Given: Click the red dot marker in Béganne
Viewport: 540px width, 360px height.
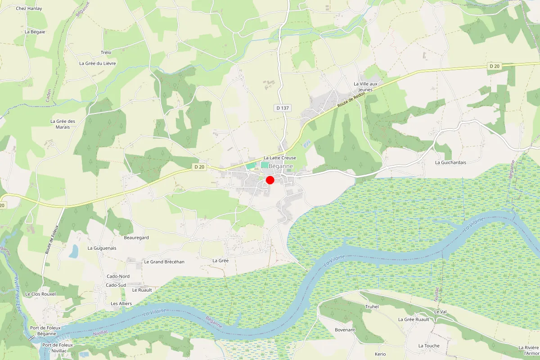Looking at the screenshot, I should coord(270,180).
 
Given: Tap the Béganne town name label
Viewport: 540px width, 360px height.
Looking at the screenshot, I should coord(280,166).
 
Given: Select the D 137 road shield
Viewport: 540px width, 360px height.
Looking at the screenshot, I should coord(282,108).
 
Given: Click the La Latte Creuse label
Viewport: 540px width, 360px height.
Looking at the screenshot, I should coord(280,158).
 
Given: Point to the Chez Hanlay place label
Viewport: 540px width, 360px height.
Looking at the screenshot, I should coord(29,9).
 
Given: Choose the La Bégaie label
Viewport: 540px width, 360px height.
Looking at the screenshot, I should coord(35,32).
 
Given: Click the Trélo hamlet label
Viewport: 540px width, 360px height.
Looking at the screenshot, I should coord(106,53).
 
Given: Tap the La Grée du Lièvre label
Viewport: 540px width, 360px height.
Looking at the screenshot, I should coord(98,63).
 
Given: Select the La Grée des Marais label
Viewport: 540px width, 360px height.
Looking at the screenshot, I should coord(63,124).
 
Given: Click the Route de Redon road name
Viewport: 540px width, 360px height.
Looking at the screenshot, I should coord(350,102).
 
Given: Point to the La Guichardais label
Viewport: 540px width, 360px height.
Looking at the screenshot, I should coord(450,162).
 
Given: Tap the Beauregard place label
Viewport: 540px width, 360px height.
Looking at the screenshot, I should coord(136,237).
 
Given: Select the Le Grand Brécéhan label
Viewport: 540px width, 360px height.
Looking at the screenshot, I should coord(164,261).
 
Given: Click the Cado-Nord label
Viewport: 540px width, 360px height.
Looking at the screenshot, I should coord(118,276).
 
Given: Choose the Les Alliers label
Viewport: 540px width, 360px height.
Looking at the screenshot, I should coord(121,304).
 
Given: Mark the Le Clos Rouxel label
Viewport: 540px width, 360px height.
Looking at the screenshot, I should coord(40,294).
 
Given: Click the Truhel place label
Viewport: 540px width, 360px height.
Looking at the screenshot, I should coord(372,307).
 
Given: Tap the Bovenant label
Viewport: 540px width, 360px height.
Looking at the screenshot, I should coord(345,330).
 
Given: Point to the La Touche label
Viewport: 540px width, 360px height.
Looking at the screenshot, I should coord(429,346).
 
